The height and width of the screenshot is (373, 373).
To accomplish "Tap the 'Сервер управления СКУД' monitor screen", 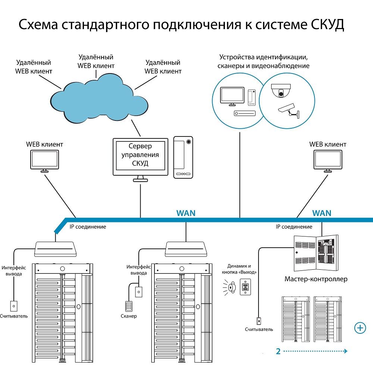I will coord(140,155).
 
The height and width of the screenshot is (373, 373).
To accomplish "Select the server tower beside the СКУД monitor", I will coord(183,157).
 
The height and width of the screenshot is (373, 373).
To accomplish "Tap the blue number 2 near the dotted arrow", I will coord(278,351).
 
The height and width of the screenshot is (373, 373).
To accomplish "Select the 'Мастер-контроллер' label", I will coord(316,279).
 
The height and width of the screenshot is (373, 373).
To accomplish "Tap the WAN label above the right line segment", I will coord(322,213).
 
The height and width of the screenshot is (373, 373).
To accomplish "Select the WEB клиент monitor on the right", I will coord(327,160).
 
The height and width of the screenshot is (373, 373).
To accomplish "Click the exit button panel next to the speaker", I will coord(246,288).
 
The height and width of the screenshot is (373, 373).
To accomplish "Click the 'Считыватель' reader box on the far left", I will coord(14,306).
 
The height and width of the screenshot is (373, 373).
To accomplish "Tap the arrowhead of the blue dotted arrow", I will coord(346,351).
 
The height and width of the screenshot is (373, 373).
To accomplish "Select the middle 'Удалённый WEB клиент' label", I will coord(96,61).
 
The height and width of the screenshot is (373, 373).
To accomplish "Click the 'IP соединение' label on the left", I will coord(88,226).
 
